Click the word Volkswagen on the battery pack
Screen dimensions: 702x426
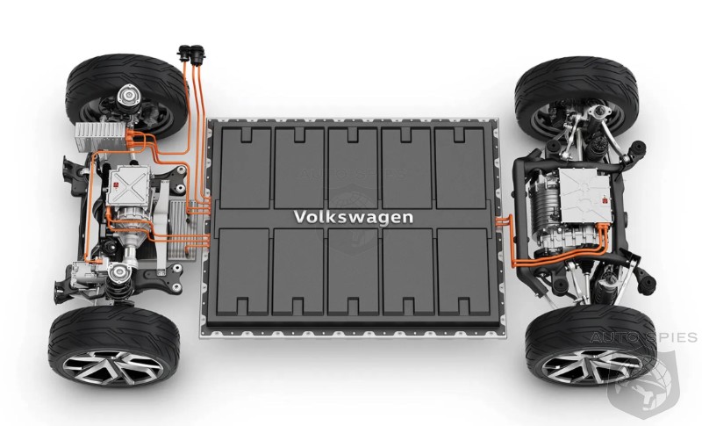click(354, 217)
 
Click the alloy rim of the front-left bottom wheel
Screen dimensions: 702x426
click(113, 368)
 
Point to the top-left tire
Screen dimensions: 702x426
click(126, 93)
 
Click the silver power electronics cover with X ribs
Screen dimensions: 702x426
click(129, 186)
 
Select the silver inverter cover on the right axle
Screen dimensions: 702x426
click(584, 196)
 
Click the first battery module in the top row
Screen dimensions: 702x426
click(246, 168)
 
